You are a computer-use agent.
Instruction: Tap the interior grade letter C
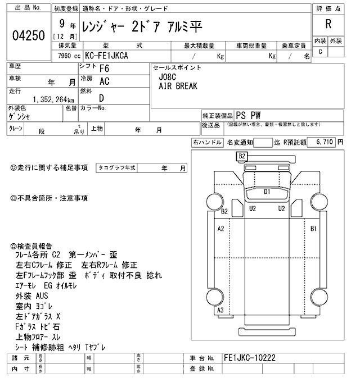[x=320, y=52]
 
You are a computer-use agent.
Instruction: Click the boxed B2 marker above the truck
[x=242, y=156]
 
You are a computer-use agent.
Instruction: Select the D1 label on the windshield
[x=268, y=192]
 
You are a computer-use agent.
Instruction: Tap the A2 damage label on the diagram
[x=221, y=229]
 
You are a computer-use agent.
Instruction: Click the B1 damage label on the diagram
[x=314, y=229]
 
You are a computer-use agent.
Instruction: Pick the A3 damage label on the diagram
[x=220, y=311]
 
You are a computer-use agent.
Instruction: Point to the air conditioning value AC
[x=104, y=81]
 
